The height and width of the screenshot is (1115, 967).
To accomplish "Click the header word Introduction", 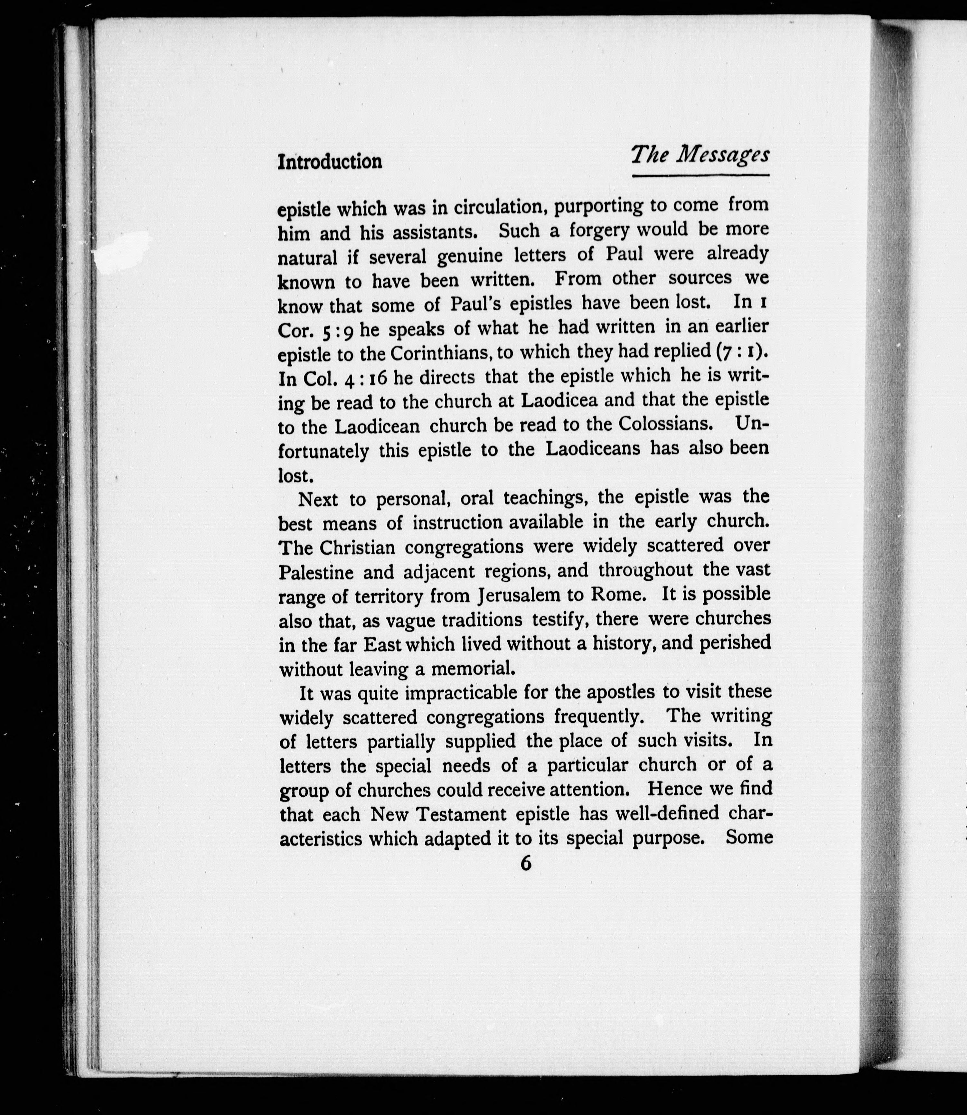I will (x=330, y=161).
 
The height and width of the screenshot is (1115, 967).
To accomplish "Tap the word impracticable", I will (x=461, y=693).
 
